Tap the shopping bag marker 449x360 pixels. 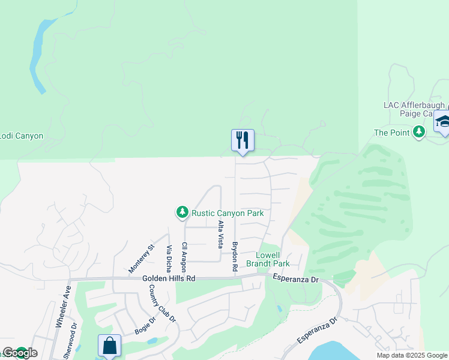click(x=109, y=346)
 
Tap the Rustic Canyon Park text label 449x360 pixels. click(x=228, y=212)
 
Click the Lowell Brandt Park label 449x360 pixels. click(x=273, y=259)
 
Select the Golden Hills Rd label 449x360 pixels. click(x=169, y=279)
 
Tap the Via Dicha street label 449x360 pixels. click(x=169, y=259)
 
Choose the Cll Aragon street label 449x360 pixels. click(x=185, y=256)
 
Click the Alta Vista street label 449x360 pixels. click(x=221, y=235)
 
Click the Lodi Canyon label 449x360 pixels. click(x=22, y=136)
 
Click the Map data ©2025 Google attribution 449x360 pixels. click(x=412, y=355)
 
